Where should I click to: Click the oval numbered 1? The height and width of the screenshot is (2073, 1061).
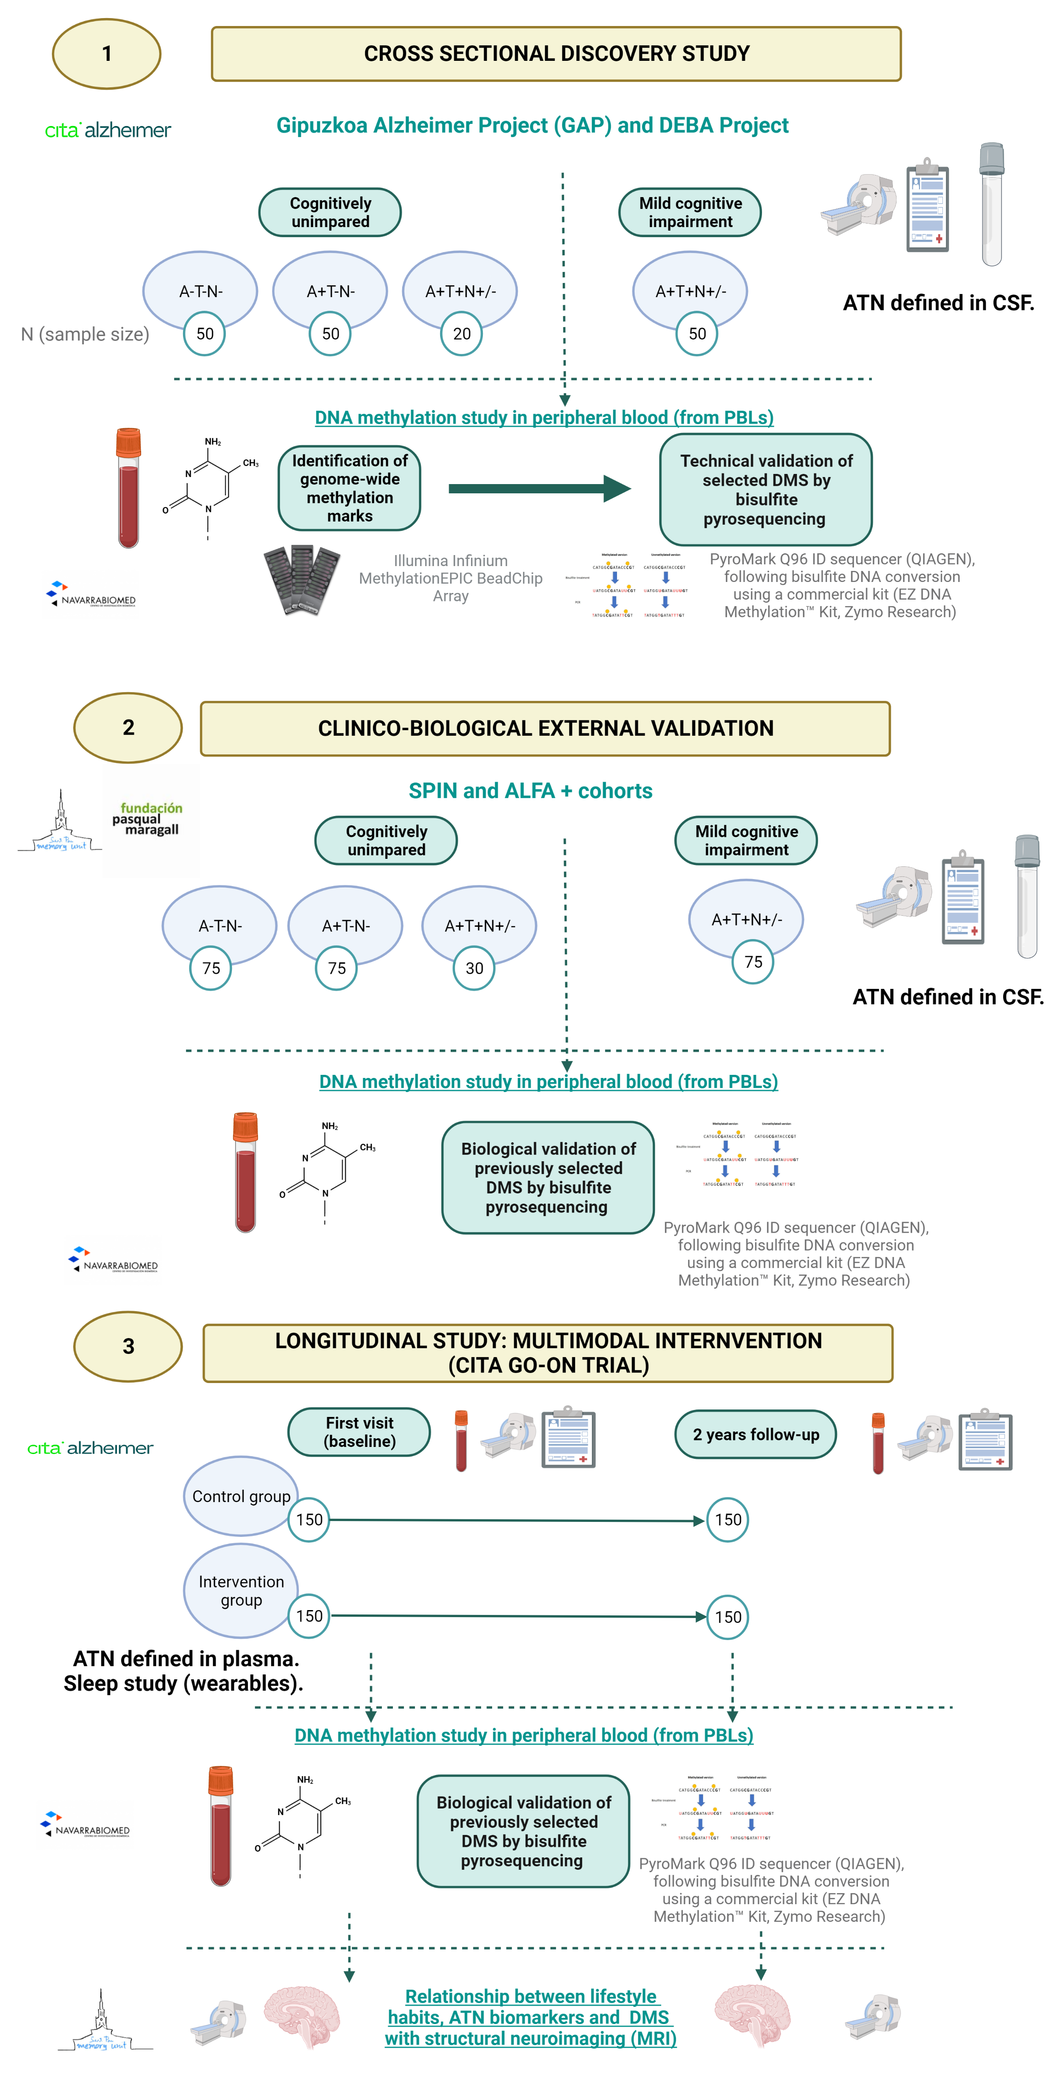(x=106, y=54)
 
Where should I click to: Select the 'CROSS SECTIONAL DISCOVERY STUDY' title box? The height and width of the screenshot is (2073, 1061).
(x=556, y=54)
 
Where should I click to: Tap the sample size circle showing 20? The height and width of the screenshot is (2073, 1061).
(x=461, y=334)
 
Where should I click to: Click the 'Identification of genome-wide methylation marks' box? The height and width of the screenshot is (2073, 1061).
(x=349, y=488)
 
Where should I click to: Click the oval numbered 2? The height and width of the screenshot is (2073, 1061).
(x=128, y=727)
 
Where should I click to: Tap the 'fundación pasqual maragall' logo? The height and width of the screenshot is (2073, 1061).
(x=150, y=819)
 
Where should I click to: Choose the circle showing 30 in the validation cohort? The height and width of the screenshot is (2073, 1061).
(x=474, y=968)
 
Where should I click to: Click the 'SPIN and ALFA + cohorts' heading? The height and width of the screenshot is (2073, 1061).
(x=530, y=791)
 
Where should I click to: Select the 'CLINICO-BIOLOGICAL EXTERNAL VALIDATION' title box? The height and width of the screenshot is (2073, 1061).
(x=545, y=728)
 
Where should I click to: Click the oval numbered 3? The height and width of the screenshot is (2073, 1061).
(x=128, y=1346)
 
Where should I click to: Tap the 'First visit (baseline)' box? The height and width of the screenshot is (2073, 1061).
(x=359, y=1432)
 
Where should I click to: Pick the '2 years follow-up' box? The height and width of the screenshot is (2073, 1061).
(x=755, y=1434)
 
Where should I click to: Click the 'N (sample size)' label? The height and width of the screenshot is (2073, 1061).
(x=86, y=334)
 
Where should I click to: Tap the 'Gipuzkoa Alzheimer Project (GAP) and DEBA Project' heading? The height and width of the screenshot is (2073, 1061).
(x=532, y=126)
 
